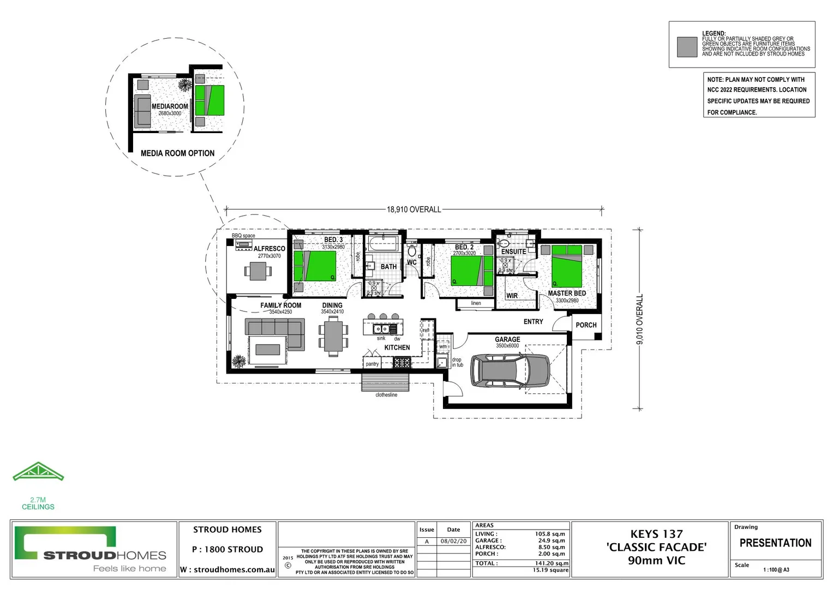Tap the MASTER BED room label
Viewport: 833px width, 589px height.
tap(567, 293)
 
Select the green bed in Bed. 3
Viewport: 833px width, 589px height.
tap(315, 266)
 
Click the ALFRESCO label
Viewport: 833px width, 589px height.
tap(269, 249)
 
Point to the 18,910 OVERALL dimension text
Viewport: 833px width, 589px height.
tap(413, 209)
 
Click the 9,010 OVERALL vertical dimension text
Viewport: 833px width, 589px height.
tap(640, 319)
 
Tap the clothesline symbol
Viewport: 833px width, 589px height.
tap(385, 381)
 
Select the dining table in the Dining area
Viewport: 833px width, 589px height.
tap(333, 336)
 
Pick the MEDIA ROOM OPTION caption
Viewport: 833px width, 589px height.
tap(177, 153)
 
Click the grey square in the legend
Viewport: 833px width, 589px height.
tap(687, 47)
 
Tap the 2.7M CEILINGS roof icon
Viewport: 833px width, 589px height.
tap(38, 472)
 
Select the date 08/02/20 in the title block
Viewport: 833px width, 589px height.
tap(453, 542)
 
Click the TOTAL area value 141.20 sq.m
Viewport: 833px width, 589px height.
tap(552, 563)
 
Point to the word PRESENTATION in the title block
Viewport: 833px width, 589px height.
tap(775, 543)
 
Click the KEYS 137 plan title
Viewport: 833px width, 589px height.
tap(656, 534)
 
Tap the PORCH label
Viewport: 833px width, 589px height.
tap(586, 325)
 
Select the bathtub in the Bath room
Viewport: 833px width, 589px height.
tap(384, 244)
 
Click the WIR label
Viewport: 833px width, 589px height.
tap(512, 296)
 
